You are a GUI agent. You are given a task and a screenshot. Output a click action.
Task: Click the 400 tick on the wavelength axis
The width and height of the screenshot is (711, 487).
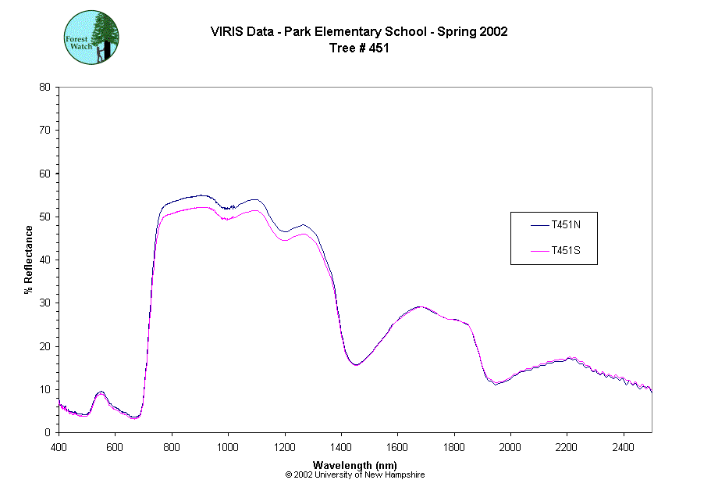coord(59,447)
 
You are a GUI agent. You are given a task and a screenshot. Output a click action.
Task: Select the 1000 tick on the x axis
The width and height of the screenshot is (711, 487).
coord(228,447)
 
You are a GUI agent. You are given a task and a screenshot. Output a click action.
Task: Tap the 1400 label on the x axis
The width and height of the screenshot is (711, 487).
coord(341,447)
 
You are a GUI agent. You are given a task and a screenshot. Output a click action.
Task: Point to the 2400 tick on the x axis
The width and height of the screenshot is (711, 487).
coord(624,447)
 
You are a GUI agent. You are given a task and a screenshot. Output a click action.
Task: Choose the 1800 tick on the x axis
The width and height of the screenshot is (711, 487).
coord(454,447)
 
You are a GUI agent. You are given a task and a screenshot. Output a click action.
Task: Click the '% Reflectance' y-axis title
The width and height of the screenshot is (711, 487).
coord(29,260)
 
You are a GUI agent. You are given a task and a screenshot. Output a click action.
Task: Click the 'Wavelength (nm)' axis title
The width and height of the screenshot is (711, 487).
coord(355,465)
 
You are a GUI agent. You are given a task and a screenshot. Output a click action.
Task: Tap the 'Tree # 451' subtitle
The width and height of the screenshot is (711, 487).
coord(359,48)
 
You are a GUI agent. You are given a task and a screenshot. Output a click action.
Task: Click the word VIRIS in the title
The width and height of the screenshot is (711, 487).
coord(225,32)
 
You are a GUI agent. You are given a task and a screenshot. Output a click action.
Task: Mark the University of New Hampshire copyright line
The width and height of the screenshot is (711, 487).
coord(355,474)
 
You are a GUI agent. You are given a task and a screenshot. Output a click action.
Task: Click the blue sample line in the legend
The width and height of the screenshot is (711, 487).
coord(539,225)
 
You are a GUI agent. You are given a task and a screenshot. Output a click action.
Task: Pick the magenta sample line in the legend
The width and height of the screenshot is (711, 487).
coord(539,251)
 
